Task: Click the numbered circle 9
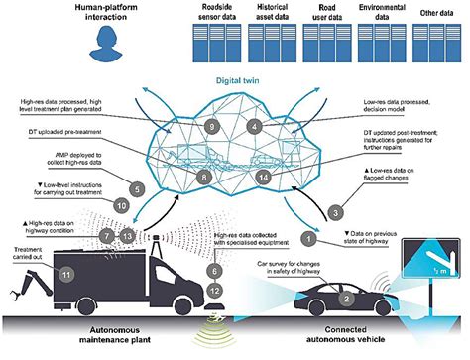pos(211,127)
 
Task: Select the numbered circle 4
pos(255,128)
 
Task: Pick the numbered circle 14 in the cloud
pos(263,177)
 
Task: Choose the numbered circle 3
pos(335,212)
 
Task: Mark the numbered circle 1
pos(310,238)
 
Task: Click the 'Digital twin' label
pos(234,74)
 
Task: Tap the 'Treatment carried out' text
pos(29,256)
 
